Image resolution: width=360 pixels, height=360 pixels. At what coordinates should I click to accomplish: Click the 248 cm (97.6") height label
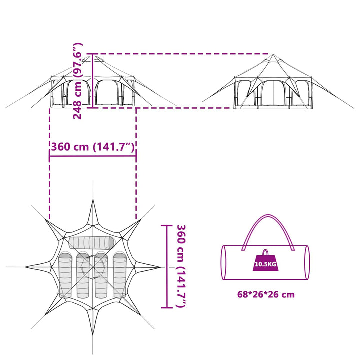pyautogui.click(x=77, y=81)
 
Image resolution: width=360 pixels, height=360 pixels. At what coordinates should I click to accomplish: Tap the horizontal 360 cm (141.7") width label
pyautogui.click(x=93, y=147)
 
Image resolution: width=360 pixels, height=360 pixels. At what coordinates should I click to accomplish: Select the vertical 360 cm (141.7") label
pyautogui.click(x=181, y=266)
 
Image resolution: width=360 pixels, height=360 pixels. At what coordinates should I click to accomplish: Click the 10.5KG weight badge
pyautogui.click(x=265, y=261)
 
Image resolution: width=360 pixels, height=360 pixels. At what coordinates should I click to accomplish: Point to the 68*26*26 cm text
pyautogui.click(x=266, y=294)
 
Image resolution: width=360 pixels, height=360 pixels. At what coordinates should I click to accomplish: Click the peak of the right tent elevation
pyautogui.click(x=273, y=54)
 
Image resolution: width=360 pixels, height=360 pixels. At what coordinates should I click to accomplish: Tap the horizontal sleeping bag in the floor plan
pyautogui.click(x=91, y=243)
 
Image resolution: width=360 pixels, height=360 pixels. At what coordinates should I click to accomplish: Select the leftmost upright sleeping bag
pyautogui.click(x=65, y=275)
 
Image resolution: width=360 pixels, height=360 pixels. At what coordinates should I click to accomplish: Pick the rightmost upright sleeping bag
pyautogui.click(x=119, y=275)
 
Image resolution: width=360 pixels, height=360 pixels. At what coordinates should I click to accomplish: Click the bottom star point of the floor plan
pyautogui.click(x=93, y=334)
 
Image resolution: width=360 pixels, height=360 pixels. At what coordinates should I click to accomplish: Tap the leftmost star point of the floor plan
pyautogui.click(x=26, y=267)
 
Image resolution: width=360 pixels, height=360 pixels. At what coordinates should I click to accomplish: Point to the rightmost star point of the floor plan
pyautogui.click(x=160, y=267)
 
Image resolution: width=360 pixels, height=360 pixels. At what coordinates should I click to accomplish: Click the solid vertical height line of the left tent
pyautogui.click(x=93, y=81)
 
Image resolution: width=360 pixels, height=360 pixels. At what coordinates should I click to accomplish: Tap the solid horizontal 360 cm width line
pyautogui.click(x=93, y=156)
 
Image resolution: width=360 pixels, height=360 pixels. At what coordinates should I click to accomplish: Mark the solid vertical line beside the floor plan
pyautogui.click(x=167, y=266)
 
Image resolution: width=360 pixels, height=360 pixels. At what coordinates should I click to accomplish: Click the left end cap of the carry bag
pyautogui.click(x=224, y=263)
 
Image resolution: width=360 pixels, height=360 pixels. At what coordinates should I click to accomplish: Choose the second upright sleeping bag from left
pyautogui.click(x=83, y=275)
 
